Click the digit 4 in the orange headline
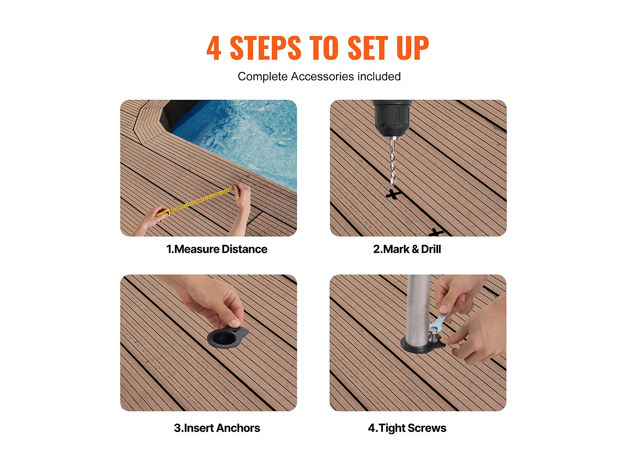pos(213,48)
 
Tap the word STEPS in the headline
pos(265,48)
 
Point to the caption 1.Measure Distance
pos(217,249)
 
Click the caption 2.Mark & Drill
pos(407,249)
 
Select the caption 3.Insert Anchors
pos(217,428)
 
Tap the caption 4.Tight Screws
pos(407,428)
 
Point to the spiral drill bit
pos(393,160)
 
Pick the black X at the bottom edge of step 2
pos(436,232)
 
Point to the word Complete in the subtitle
pos(263,76)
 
